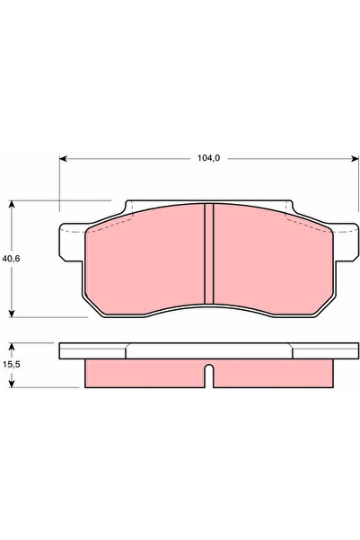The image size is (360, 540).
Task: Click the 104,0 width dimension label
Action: tap(207, 157)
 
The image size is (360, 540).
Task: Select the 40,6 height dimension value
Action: tap(12, 258)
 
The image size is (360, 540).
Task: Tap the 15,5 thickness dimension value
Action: tap(12, 365)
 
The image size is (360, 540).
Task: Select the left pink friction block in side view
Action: tap(144, 374)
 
